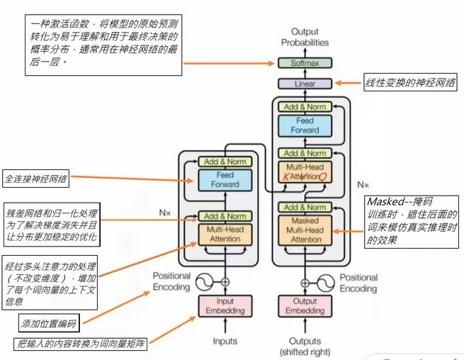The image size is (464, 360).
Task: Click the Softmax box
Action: (x=305, y=62)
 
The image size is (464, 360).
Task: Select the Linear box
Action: (x=305, y=84)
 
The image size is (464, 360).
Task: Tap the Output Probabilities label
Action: (x=305, y=38)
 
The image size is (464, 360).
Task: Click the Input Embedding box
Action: (x=225, y=305)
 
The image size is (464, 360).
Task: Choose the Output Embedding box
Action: (x=305, y=305)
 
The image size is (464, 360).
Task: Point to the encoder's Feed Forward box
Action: (x=225, y=180)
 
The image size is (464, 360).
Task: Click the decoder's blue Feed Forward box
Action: (x=305, y=126)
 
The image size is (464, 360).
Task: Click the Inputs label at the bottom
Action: (x=225, y=342)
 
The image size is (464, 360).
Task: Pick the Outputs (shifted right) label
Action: (x=305, y=347)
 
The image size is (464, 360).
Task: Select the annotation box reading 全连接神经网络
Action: (x=35, y=179)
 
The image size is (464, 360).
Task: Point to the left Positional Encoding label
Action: (x=171, y=282)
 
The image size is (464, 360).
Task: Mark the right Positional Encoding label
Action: (x=358, y=283)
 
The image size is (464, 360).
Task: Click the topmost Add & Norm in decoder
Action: (x=305, y=106)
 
